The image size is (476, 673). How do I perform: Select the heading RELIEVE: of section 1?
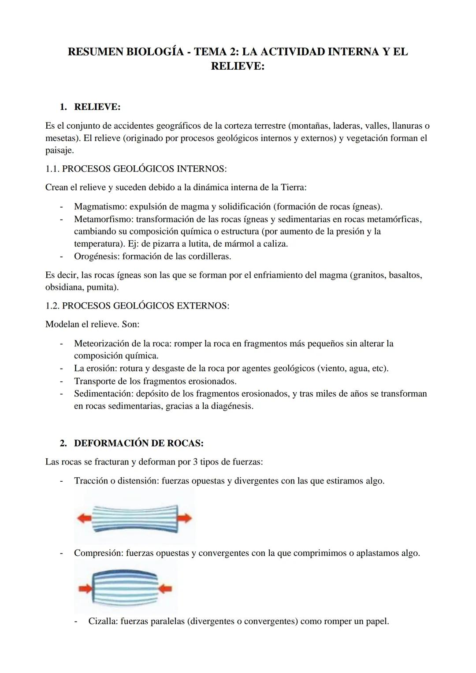click(97, 107)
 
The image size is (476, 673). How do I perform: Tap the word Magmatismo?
click(100, 206)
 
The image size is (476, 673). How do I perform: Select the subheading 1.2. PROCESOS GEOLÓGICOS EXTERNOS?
click(137, 305)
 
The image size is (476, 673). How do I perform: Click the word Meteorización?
click(104, 343)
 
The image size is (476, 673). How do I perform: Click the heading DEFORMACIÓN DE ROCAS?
click(138, 443)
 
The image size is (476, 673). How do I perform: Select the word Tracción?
click(91, 480)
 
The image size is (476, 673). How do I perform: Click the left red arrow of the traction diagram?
click(84, 519)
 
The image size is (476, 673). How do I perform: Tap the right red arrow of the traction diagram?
click(185, 518)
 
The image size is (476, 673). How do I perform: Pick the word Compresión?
click(98, 553)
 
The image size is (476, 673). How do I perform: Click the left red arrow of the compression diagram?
click(85, 588)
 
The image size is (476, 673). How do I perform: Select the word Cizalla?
click(102, 621)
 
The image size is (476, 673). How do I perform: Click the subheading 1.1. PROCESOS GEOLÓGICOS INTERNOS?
click(136, 168)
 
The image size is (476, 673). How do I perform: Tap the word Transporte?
click(94, 381)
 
